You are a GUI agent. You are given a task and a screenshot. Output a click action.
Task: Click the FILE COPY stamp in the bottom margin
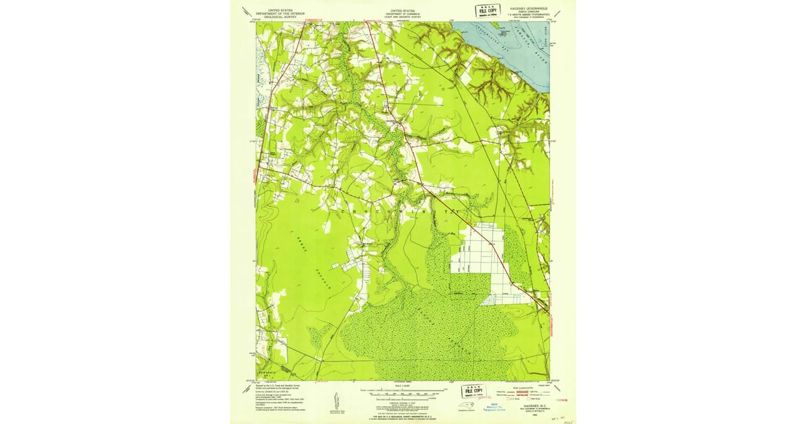tap(475, 391)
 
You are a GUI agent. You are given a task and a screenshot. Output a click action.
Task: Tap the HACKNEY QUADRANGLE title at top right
tap(529, 8)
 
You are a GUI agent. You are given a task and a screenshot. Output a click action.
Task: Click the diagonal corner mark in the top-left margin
tap(246, 11)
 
